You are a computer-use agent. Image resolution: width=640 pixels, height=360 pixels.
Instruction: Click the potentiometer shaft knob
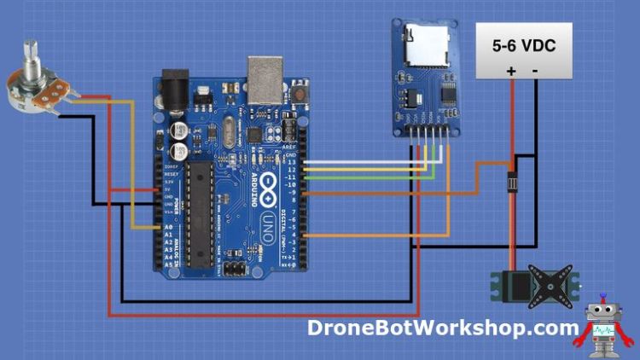(x=31, y=53)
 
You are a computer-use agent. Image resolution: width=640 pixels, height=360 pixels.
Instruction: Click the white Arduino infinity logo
(x=266, y=185)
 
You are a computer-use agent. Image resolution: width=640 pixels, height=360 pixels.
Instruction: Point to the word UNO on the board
(x=265, y=224)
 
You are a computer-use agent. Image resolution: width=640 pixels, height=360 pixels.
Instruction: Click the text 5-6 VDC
(x=522, y=46)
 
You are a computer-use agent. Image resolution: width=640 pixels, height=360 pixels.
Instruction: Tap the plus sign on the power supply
(x=510, y=71)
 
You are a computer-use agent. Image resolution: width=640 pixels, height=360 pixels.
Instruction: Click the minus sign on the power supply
(x=535, y=71)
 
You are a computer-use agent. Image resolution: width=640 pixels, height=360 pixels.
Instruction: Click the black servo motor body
(x=518, y=286)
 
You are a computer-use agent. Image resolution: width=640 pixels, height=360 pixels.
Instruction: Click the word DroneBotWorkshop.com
(x=442, y=328)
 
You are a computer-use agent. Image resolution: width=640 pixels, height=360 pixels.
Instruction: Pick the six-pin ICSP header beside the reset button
(x=290, y=131)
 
